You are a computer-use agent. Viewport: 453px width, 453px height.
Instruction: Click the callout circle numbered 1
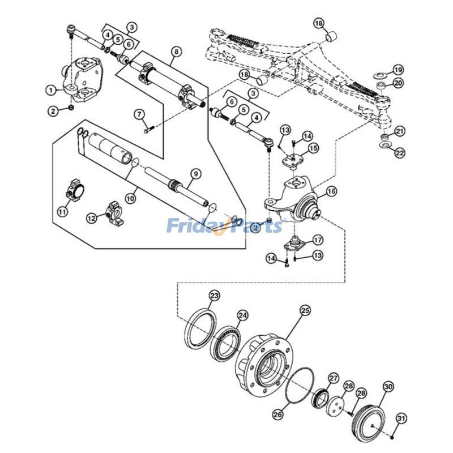click(x=50, y=90)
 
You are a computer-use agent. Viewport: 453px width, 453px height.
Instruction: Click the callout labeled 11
click(x=62, y=211)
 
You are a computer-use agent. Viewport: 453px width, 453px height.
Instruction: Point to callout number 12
click(x=91, y=217)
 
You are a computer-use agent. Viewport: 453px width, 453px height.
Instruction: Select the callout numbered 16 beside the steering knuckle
click(x=331, y=191)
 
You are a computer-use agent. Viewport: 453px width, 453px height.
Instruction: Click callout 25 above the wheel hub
click(x=305, y=310)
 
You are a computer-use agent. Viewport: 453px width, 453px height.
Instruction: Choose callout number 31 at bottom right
click(x=401, y=418)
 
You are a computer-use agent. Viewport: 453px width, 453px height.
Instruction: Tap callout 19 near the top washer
click(x=398, y=70)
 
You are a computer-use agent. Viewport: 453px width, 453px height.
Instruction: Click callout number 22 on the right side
click(x=400, y=152)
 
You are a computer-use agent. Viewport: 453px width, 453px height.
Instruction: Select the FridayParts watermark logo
click(x=224, y=226)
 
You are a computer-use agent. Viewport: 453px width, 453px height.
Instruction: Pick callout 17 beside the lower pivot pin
click(x=318, y=240)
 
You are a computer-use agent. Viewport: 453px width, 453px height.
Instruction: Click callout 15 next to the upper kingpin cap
click(x=313, y=148)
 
